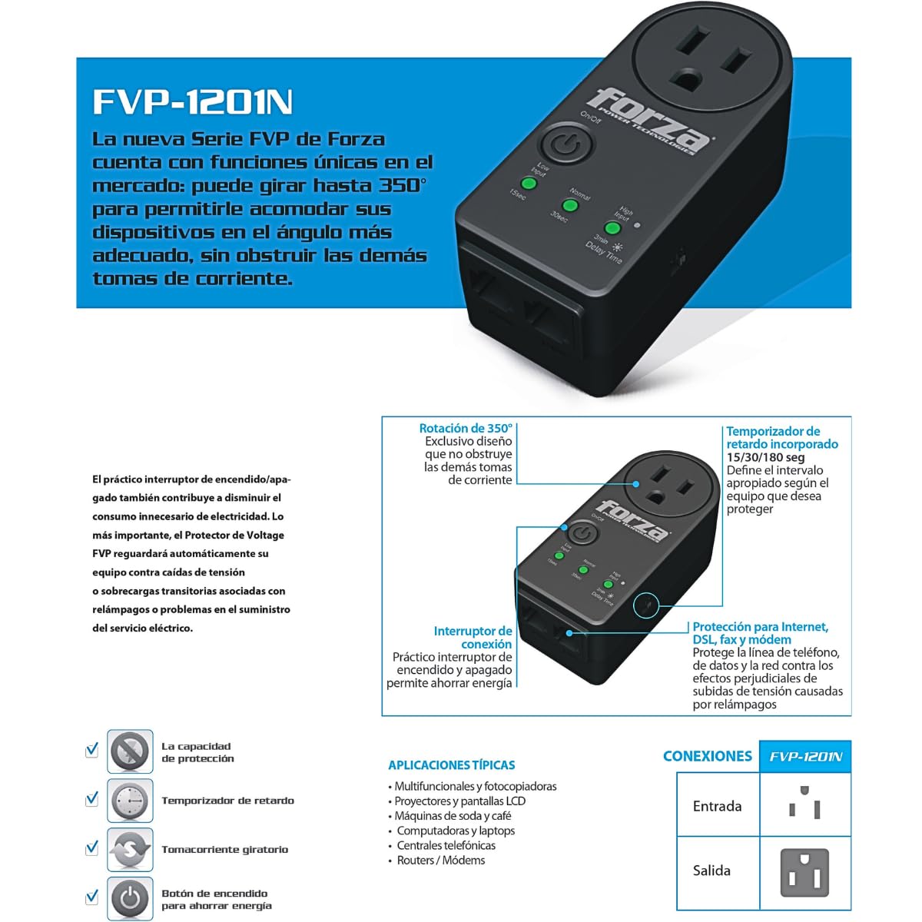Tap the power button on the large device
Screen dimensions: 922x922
pos(565,146)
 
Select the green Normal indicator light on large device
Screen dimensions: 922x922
pos(570,206)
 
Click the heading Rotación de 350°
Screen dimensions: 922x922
pos(466,428)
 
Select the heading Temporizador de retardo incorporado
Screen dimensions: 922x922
pos(782,437)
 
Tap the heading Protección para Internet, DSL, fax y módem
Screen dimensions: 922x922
pos(760,633)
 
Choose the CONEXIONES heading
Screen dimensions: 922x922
pos(707,756)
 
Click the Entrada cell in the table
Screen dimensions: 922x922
pos(717,806)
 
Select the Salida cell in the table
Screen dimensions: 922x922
pos(711,871)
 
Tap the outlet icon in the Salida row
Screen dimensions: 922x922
pos(804,872)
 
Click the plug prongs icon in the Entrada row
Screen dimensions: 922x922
pos(804,803)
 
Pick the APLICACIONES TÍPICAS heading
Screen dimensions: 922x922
pos(451,765)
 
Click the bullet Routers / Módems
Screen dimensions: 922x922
pos(440,860)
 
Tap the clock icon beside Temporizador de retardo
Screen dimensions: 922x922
pos(130,801)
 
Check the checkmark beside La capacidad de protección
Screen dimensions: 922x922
pos(92,749)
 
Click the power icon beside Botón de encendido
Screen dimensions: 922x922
pos(130,897)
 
